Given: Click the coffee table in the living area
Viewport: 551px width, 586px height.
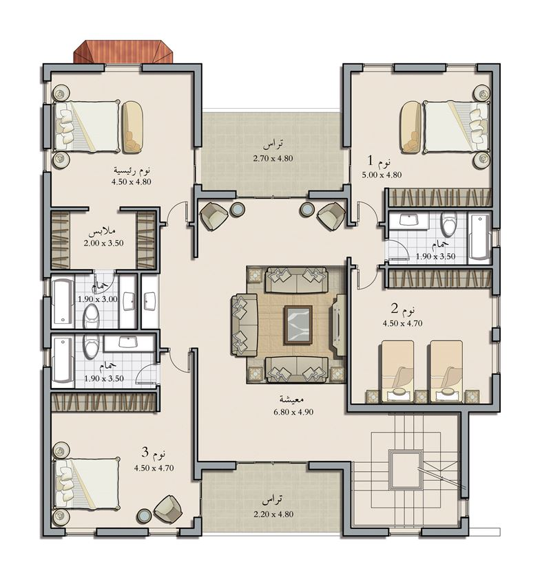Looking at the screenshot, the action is tap(298, 325).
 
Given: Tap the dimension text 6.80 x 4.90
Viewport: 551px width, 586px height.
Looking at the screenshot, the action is tap(293, 412).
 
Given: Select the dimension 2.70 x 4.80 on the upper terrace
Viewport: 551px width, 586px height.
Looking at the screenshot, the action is tap(273, 158).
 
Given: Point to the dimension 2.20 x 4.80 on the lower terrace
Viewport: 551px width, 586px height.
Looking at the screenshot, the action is tap(273, 514).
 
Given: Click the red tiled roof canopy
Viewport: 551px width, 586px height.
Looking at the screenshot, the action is tap(123, 52).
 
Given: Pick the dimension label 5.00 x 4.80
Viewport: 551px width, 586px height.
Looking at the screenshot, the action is tap(382, 175).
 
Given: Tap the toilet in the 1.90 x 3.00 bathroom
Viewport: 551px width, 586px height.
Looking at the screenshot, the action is tap(91, 316).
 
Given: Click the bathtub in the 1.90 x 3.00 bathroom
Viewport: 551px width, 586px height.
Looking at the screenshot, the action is tap(63, 301).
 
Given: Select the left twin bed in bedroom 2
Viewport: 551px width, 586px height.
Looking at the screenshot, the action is tap(397, 371).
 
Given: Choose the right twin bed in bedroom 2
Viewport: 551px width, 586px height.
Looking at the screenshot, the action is tap(446, 371).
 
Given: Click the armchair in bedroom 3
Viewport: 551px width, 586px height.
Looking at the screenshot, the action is tap(168, 509).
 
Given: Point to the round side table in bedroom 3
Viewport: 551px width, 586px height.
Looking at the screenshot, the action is tap(144, 516).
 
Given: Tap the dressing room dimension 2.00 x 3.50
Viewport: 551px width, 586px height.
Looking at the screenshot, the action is tap(103, 243).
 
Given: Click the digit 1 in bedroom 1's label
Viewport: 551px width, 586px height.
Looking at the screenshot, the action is tap(370, 161).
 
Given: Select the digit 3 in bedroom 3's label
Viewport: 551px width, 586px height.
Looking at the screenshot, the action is tap(145, 453).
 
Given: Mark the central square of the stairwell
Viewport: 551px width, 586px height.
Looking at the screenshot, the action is tap(406, 469).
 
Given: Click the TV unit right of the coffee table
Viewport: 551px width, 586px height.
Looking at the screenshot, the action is tap(340, 325).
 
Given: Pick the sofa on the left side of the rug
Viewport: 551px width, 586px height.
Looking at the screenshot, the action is tap(243, 325).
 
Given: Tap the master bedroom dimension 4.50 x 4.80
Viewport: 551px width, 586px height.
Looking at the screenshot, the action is tap(131, 182).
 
